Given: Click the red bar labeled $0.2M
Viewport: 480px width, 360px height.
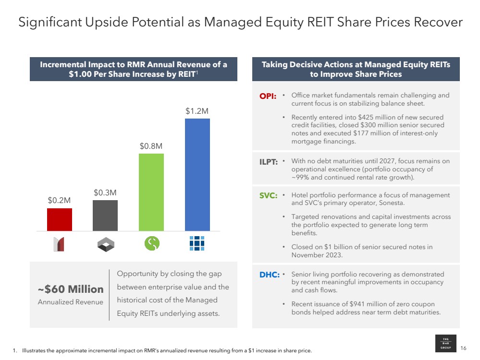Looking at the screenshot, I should point(60,219).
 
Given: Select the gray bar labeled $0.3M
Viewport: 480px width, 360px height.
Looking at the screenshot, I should point(105,216).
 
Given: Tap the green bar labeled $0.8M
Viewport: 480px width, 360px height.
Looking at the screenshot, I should point(151,192).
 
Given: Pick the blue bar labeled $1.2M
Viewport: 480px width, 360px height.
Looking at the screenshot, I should point(197,175).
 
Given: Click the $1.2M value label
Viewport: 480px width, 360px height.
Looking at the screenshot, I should point(197,111).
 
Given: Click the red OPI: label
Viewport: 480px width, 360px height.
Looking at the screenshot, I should point(268,96).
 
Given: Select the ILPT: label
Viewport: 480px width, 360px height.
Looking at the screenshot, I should point(269,162).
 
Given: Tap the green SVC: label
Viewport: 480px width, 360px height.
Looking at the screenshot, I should point(268,196).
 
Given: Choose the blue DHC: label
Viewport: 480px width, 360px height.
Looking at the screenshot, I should point(268,275).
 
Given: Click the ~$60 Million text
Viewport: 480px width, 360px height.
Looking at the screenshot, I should point(71,289).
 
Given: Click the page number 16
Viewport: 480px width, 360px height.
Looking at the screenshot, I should point(463,348).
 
